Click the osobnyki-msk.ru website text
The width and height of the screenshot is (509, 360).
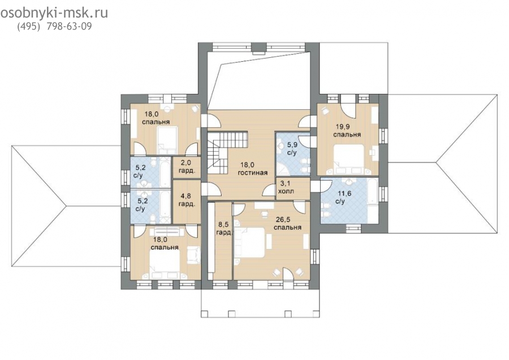(54, 12)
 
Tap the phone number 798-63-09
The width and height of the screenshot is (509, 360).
(70, 26)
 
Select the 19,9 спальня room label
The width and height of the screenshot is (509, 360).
(347, 130)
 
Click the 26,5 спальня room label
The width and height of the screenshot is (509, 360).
(287, 223)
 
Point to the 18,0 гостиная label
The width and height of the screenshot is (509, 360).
(253, 169)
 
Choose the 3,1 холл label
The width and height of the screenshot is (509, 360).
(286, 188)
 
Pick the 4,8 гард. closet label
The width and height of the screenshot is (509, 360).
(187, 200)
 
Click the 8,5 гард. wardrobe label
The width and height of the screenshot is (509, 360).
(225, 229)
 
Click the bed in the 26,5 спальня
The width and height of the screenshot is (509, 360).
(251, 243)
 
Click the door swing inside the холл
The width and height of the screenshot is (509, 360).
(269, 190)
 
